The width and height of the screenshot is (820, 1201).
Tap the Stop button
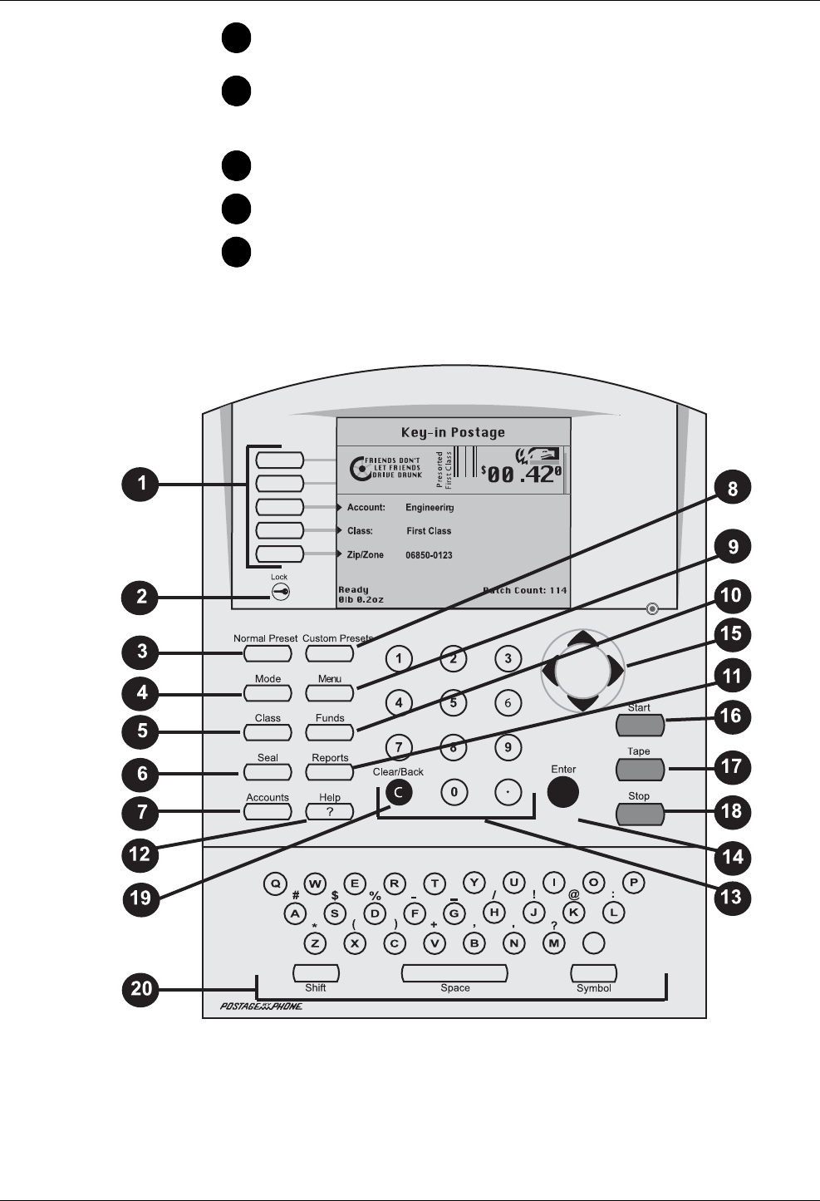pos(640,814)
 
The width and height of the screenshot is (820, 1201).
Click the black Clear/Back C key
pos(399,793)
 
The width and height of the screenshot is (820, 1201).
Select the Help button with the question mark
pos(330,812)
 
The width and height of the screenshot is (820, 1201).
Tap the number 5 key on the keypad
pos(453,703)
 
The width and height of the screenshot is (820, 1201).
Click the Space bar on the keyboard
pos(454,973)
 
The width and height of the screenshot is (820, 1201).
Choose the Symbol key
pos(593,973)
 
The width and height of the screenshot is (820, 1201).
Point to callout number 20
pos(143,990)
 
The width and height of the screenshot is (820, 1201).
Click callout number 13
pos(732,897)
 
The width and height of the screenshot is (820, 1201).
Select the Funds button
pos(330,732)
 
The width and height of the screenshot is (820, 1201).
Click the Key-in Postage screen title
pos(453,432)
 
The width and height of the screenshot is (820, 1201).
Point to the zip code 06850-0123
pos(429,555)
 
